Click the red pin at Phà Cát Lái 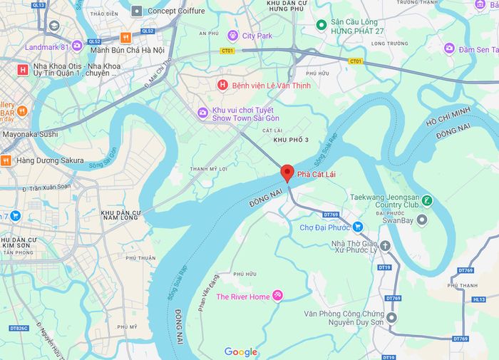[287, 173]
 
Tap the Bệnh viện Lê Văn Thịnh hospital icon [222, 86]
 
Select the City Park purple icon [232, 35]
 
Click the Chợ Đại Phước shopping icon [358, 227]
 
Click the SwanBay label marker [422, 220]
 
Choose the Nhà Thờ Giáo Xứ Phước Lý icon [385, 246]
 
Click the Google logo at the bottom [241, 351]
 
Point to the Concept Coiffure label [176, 11]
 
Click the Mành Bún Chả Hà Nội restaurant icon [125, 38]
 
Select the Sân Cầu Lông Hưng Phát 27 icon [321, 25]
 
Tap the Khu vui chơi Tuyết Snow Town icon [203, 112]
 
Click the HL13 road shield [478, 300]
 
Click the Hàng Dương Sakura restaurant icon [6, 160]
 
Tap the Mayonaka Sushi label [31, 133]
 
